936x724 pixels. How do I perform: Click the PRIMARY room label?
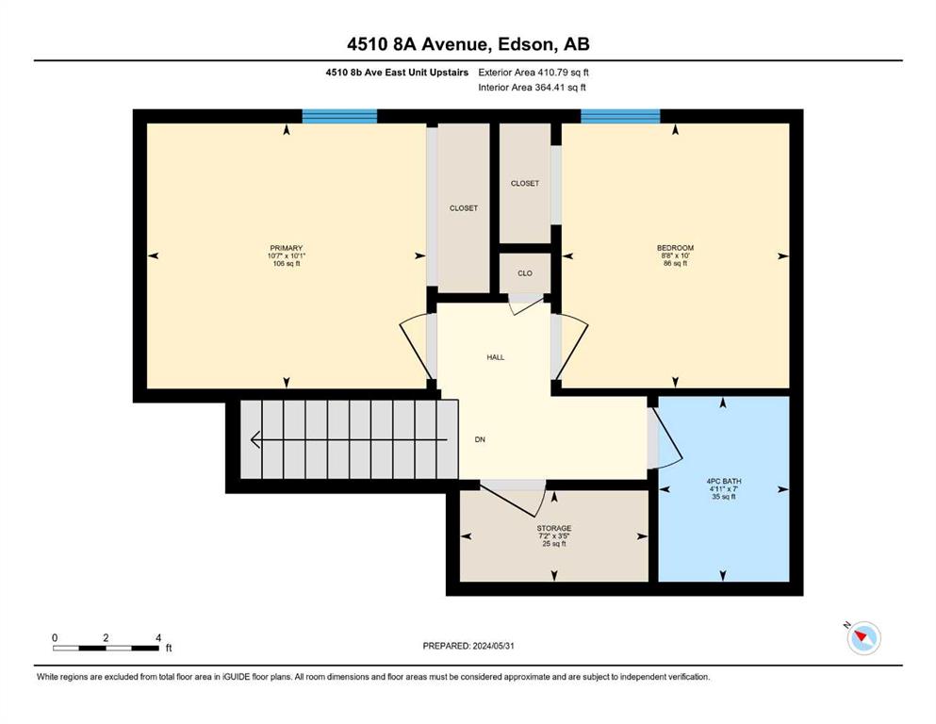pyautogui.click(x=287, y=248)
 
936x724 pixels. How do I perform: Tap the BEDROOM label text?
pyautogui.click(x=675, y=248)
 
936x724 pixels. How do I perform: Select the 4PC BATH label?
pyautogui.click(x=724, y=481)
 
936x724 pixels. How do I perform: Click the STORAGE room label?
pyautogui.click(x=554, y=528)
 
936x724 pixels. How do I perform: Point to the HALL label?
pyautogui.click(x=496, y=357)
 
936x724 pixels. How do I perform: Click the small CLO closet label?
pyautogui.click(x=525, y=273)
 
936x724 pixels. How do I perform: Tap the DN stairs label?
pyautogui.click(x=480, y=439)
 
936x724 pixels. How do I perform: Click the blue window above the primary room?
pyautogui.click(x=339, y=116)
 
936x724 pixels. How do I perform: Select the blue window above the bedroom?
pyautogui.click(x=620, y=116)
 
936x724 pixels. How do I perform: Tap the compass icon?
pyautogui.click(x=863, y=637)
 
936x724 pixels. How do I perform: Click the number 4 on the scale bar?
pyautogui.click(x=158, y=637)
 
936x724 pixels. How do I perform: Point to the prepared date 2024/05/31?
pyautogui.click(x=493, y=646)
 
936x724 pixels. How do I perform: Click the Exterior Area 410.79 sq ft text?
pyautogui.click(x=534, y=73)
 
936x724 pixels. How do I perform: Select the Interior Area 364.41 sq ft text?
pyautogui.click(x=532, y=87)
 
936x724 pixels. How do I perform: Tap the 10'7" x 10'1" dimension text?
pyautogui.click(x=287, y=255)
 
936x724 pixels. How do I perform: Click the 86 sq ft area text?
pyautogui.click(x=675, y=263)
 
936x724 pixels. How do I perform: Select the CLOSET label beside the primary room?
pyautogui.click(x=463, y=208)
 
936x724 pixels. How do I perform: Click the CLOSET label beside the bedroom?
pyautogui.click(x=525, y=183)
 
